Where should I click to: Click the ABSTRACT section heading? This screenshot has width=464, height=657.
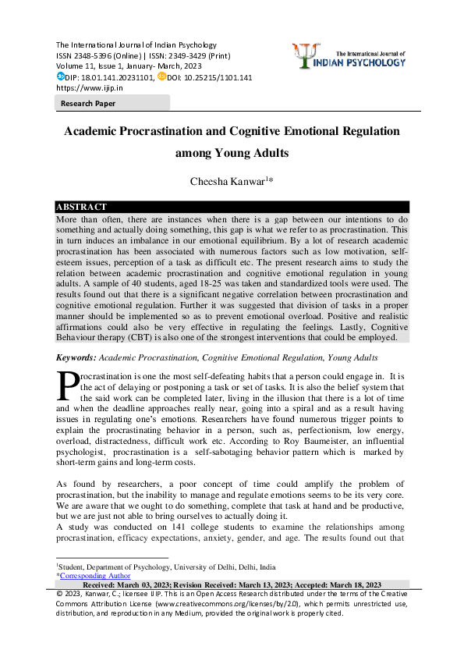click(82, 207)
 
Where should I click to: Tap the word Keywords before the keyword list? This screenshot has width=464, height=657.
click(75, 357)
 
